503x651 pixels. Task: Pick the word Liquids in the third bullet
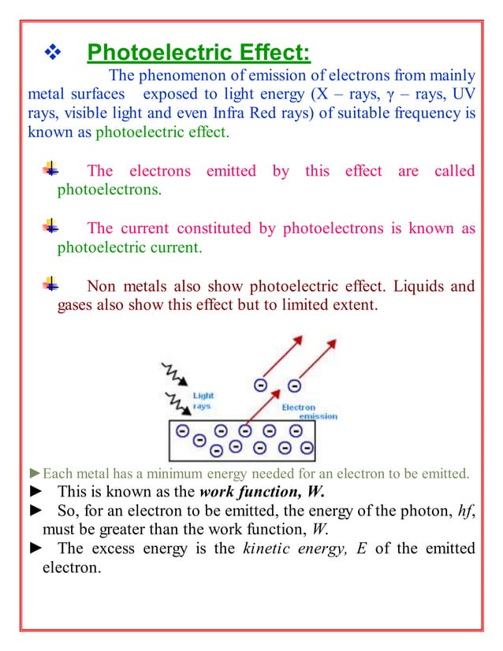point(408,286)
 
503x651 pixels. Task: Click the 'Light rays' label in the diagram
point(203,401)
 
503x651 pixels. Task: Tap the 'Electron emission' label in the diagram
point(308,411)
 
